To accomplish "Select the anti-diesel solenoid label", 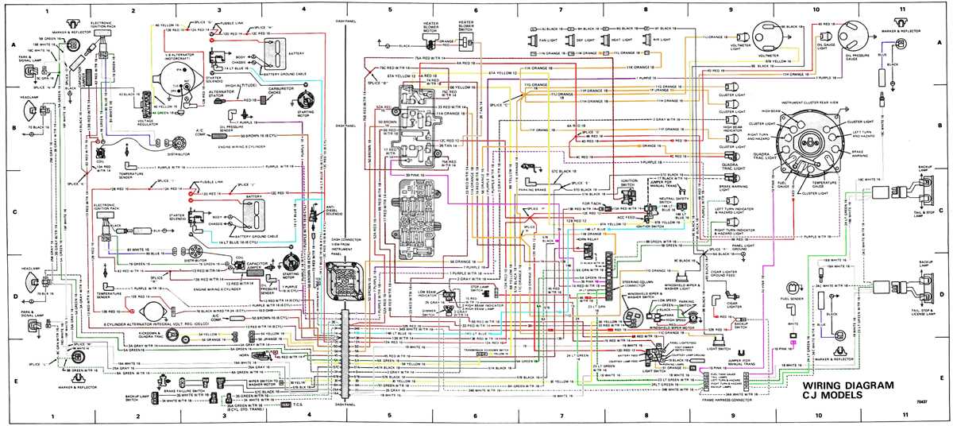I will click(x=314, y=210).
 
